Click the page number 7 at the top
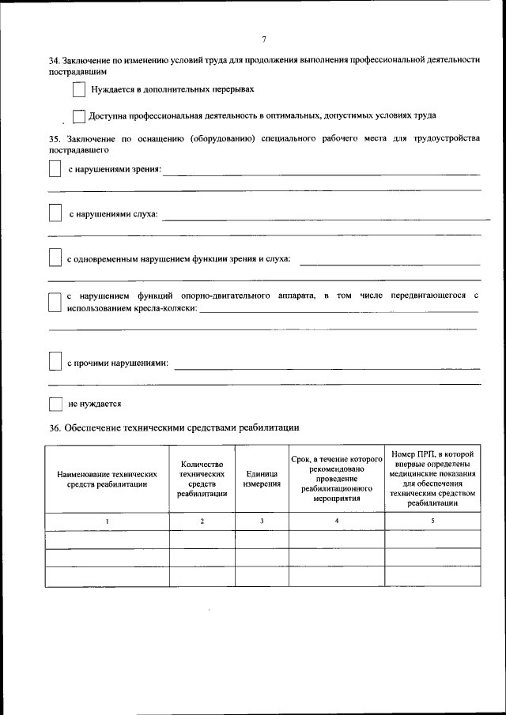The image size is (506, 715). pos(264,40)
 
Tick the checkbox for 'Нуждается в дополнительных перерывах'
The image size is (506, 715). pos(79,91)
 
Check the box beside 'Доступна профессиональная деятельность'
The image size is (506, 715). pos(78,116)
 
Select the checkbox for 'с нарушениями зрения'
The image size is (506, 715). pos(55,170)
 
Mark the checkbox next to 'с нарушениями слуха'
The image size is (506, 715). pos(55,214)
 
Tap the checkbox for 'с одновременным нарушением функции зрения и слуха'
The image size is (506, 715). pos(55,258)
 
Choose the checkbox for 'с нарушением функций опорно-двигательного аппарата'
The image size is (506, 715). pos(55,303)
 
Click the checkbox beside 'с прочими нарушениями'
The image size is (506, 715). pos(55,362)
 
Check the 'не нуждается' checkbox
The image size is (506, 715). pos(55,404)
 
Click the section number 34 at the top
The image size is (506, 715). pos(53,60)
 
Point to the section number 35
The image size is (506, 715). pos(53,139)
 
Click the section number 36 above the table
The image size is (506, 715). pos(53,428)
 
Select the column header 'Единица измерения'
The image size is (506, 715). pos(262,479)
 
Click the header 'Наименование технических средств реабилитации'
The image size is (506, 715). pos(108,479)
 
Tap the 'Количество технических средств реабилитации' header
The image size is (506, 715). pos(202,479)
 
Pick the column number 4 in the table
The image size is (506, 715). pos(337,521)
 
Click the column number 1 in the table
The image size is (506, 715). pos(108,521)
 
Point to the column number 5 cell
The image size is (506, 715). pos(432,521)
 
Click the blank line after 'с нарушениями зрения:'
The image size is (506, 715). pos(321,172)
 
